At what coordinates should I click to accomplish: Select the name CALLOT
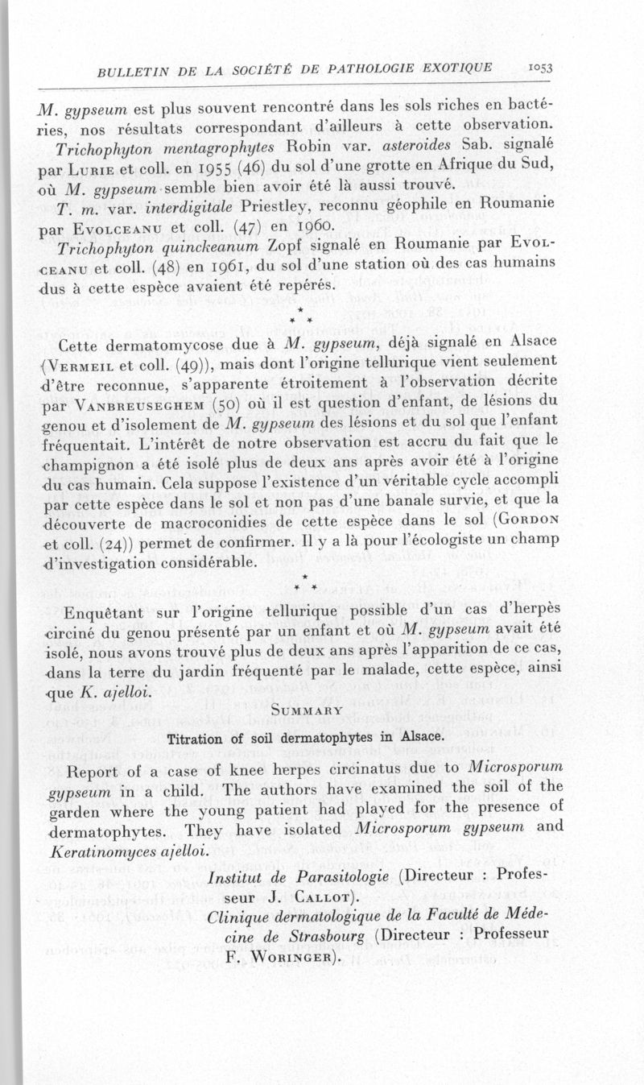307,896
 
